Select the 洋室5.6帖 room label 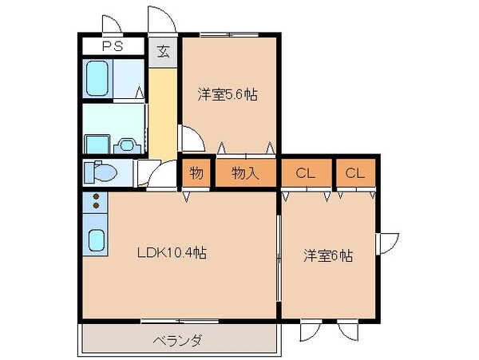pos(228,94)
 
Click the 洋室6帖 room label pos(328,256)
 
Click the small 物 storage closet pos(196,173)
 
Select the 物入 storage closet pos(244,173)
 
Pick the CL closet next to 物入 pos(304,173)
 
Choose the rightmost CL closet pos(354,173)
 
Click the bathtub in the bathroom pos(101,78)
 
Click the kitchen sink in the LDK pos(96,239)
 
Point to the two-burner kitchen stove pos(95,201)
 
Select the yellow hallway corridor pos(163,112)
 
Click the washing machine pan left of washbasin pos(97,144)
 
